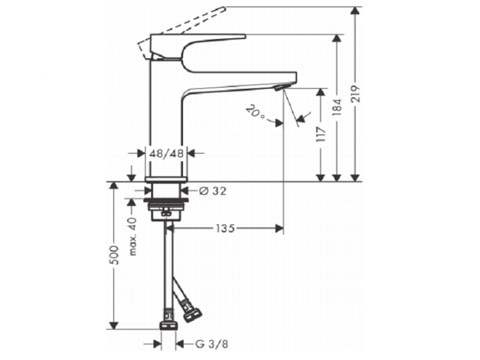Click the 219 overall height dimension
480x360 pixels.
pyautogui.click(x=356, y=94)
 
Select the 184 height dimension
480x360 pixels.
pyautogui.click(x=337, y=107)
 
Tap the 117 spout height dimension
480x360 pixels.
pyautogui.click(x=321, y=134)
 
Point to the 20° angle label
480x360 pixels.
pyautogui.click(x=255, y=112)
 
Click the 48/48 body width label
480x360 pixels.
pyautogui.click(x=166, y=153)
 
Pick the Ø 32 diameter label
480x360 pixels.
pyautogui.click(x=212, y=191)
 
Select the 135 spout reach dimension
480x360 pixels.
pyautogui.click(x=225, y=228)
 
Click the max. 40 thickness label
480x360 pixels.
pyautogui.click(x=132, y=237)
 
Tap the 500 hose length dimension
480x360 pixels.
pyautogui.click(x=114, y=254)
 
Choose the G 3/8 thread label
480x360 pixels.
pyautogui.click(x=212, y=345)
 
